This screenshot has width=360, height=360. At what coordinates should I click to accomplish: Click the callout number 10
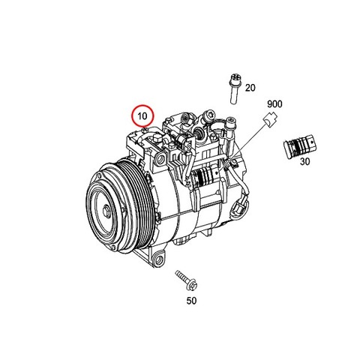142,116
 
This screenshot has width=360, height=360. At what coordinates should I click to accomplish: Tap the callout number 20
250,88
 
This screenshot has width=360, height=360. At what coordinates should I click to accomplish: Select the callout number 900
274,104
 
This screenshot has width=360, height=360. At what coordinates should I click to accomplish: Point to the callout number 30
304,161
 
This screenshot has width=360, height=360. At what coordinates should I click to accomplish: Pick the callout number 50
191,301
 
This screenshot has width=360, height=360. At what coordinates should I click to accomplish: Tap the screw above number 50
187,280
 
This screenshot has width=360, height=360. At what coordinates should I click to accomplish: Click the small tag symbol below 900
270,119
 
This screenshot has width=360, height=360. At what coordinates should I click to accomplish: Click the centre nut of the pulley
106,211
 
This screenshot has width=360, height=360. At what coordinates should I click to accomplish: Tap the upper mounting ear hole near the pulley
160,159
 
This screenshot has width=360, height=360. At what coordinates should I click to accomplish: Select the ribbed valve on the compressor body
203,177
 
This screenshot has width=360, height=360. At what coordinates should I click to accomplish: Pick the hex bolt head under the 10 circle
144,130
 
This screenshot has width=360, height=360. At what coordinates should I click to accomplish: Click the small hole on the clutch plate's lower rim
113,248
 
